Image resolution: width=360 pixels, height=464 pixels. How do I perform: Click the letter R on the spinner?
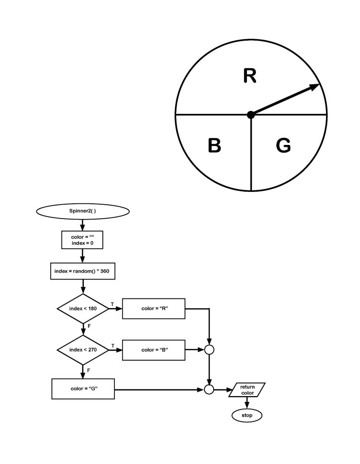coord(249,76)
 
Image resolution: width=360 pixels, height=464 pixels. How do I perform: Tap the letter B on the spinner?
coord(214,146)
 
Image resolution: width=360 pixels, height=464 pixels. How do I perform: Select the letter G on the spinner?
coord(283,146)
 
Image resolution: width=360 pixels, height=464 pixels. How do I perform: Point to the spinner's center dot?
coord(251,115)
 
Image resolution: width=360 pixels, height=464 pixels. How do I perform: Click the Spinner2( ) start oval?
coord(83,210)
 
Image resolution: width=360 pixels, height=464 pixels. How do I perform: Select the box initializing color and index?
coord(83,240)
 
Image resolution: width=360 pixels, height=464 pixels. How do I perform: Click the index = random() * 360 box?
coord(83,271)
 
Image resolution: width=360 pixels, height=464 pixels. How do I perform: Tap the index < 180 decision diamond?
coord(83,309)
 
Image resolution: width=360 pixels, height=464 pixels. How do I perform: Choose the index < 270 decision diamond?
coord(83,350)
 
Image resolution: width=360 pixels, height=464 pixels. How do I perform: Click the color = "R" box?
coord(154,309)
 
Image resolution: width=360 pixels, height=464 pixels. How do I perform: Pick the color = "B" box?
coord(154,350)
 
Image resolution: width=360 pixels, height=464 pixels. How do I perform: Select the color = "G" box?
coord(83,389)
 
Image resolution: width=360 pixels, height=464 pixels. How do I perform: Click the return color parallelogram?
coord(247,389)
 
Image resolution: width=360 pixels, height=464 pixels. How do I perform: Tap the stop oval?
coord(247,416)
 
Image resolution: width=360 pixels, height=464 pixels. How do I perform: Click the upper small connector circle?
coord(209,350)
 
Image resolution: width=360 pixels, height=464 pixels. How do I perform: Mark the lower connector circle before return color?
coord(209,389)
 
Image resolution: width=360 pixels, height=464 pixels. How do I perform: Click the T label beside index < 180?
coord(112,304)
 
